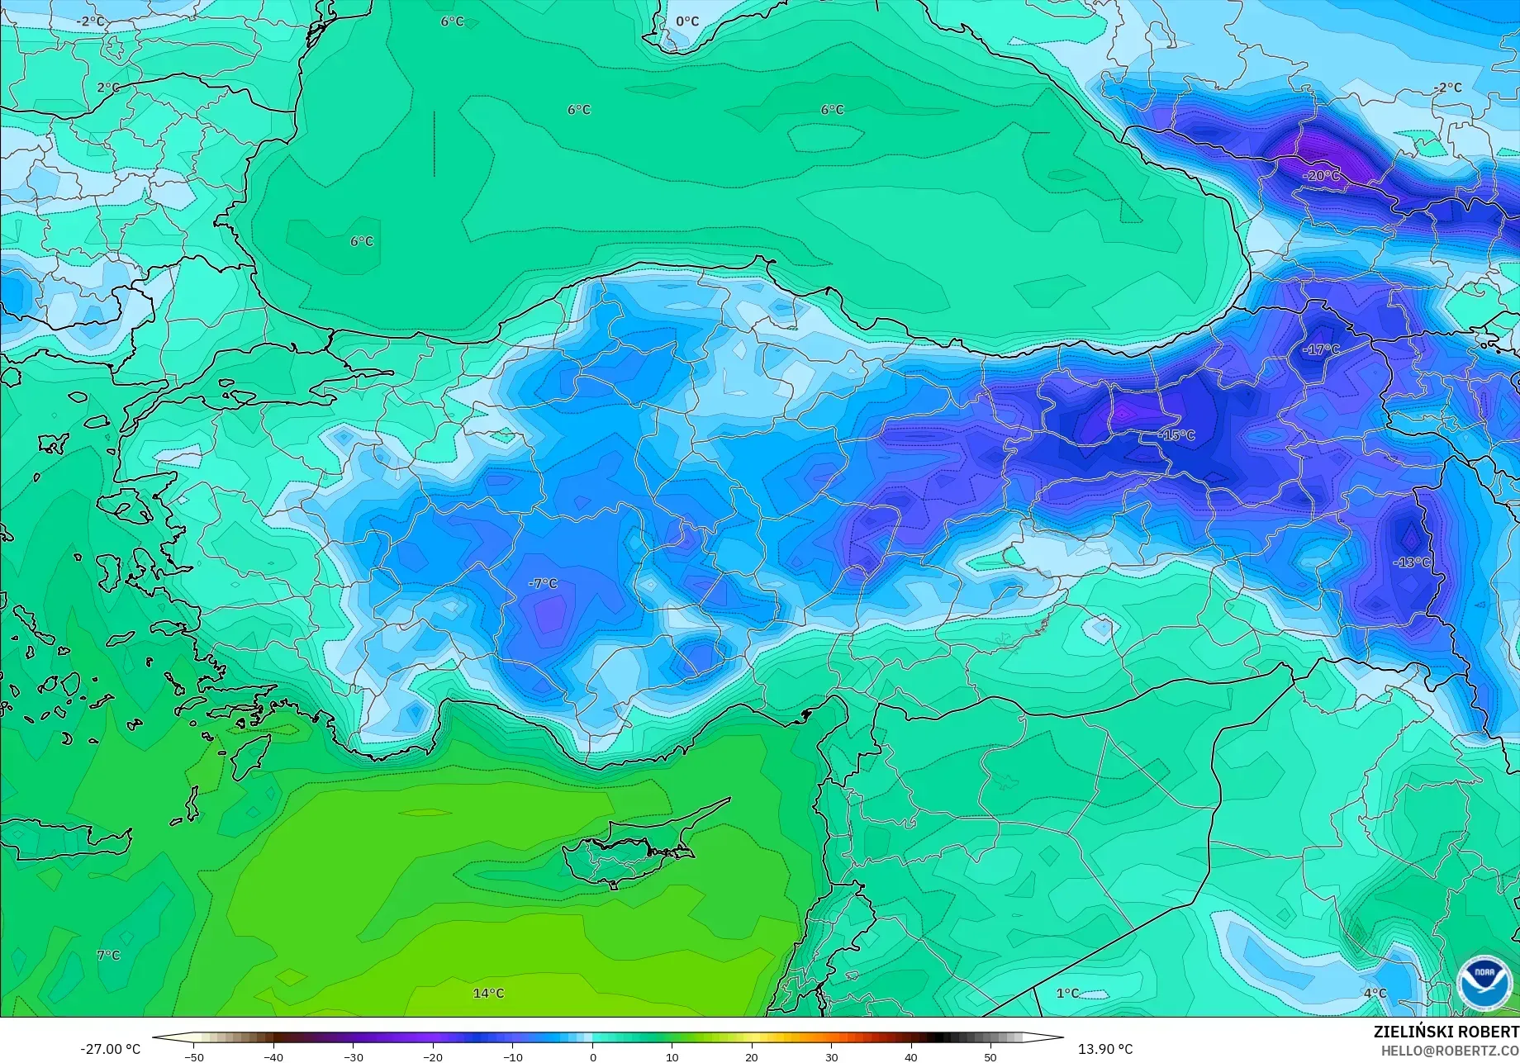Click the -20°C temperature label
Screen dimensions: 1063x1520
coord(1321,176)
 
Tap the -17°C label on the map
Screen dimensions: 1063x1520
coord(1321,349)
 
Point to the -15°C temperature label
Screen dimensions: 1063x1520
coord(1176,434)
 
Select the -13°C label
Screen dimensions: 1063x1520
coord(1411,562)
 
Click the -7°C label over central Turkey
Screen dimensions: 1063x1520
coord(543,583)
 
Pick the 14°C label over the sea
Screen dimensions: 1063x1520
coord(488,993)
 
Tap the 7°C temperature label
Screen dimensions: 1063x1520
coord(108,955)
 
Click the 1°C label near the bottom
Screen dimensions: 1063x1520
coord(1067,993)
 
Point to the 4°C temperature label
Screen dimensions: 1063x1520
coord(1375,993)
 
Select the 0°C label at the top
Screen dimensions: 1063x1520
coord(687,21)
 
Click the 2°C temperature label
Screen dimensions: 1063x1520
coord(108,88)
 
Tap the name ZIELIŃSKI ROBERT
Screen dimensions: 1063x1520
coord(1446,1032)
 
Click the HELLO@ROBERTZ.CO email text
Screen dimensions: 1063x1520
coord(1450,1051)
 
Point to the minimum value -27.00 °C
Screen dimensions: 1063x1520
coord(110,1049)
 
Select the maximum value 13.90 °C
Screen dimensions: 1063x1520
coord(1105,1049)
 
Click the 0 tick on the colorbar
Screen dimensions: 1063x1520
coord(592,1057)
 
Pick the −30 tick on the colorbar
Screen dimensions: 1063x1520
coord(353,1057)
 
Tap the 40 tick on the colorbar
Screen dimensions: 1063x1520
coord(910,1057)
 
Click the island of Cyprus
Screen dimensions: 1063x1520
coord(628,855)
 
